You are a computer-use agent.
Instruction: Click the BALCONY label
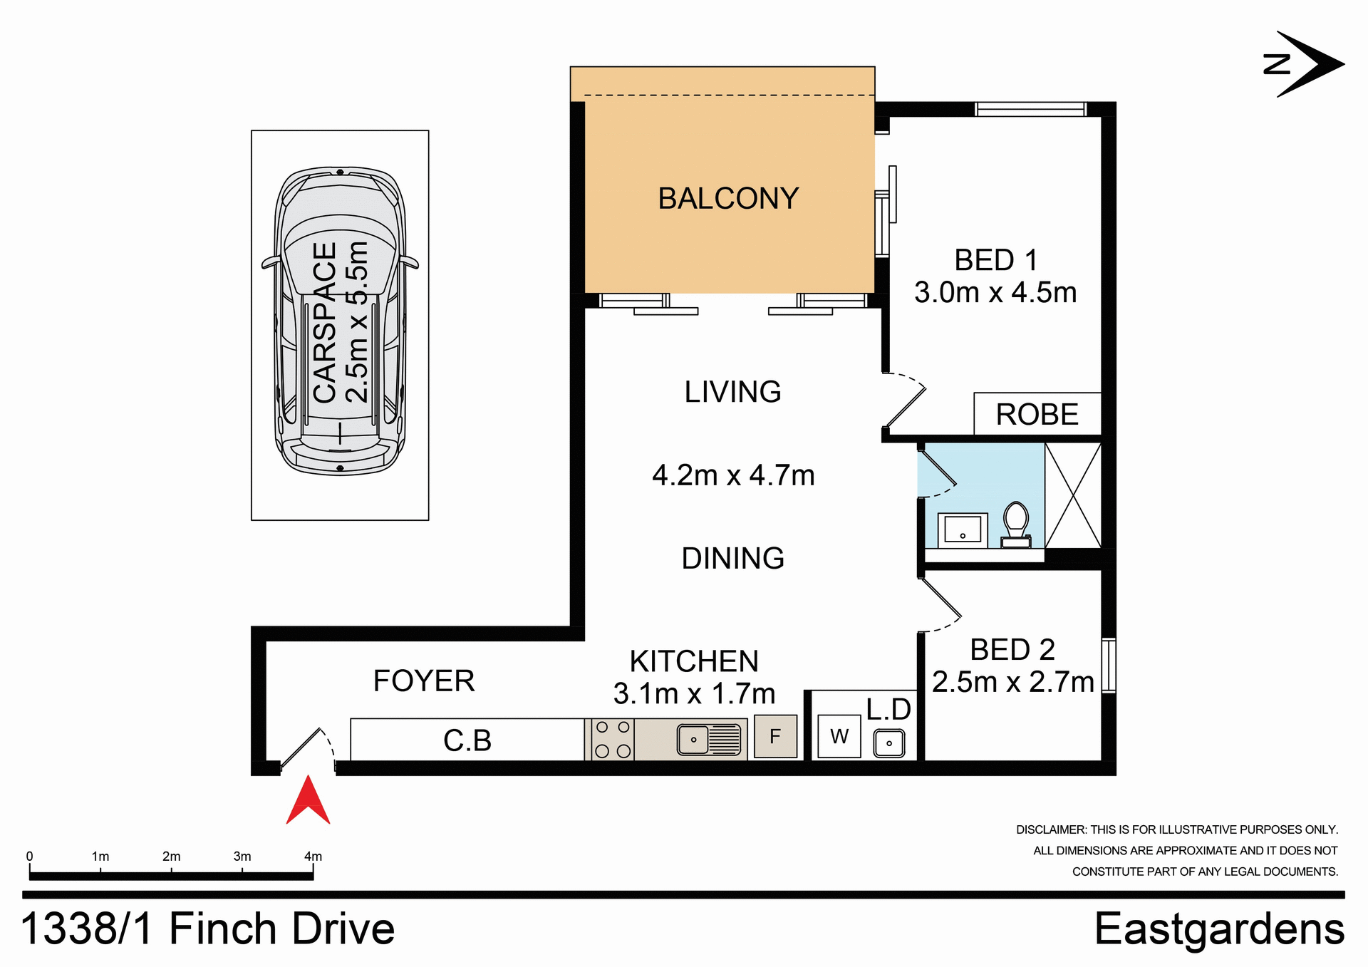(x=728, y=199)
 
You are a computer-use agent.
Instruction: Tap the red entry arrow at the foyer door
(x=308, y=802)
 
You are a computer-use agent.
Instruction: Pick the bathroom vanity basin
(x=962, y=530)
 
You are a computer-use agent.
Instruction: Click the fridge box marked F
(x=775, y=736)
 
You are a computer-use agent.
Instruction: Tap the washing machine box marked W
(x=839, y=736)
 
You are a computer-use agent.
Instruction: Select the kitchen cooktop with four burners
(x=612, y=739)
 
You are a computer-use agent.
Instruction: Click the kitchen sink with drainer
(x=709, y=739)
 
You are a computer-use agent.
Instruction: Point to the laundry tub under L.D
(x=888, y=743)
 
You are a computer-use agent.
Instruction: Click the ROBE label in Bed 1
(x=1037, y=415)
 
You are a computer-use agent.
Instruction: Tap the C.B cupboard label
(x=467, y=740)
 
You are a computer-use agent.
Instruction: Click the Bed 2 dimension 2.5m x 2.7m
(x=1012, y=683)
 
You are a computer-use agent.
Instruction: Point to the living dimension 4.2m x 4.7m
(x=733, y=475)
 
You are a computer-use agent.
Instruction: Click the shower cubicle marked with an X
(x=1073, y=495)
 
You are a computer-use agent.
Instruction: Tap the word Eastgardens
(x=1219, y=929)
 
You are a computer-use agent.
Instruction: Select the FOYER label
(x=424, y=681)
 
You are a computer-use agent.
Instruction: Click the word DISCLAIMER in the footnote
(x=1051, y=830)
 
